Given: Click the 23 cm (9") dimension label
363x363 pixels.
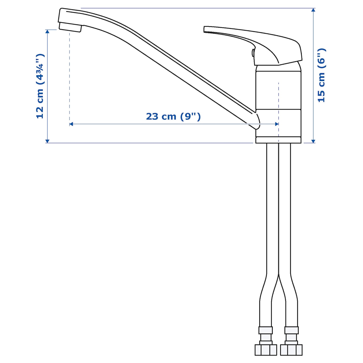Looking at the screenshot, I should click(x=173, y=116).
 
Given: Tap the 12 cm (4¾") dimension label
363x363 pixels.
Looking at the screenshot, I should click(x=40, y=86).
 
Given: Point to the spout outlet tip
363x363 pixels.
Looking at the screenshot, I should click(x=70, y=27).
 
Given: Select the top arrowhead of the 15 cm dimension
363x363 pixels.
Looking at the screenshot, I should click(x=313, y=10).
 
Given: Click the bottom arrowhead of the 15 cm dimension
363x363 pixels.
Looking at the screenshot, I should click(x=313, y=141).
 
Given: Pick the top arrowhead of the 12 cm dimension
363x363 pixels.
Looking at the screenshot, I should click(x=47, y=32).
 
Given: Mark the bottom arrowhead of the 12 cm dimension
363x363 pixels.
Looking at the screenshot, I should click(x=47, y=141).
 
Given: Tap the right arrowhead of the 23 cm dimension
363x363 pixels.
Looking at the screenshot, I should click(x=277, y=124).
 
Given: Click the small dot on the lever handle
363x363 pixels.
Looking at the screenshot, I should click(x=253, y=53).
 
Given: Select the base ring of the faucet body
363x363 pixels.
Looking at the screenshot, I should click(x=278, y=140).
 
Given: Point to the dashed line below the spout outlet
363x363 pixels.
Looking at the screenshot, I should click(x=69, y=78).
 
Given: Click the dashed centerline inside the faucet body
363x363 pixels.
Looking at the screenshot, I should click(x=278, y=99).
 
